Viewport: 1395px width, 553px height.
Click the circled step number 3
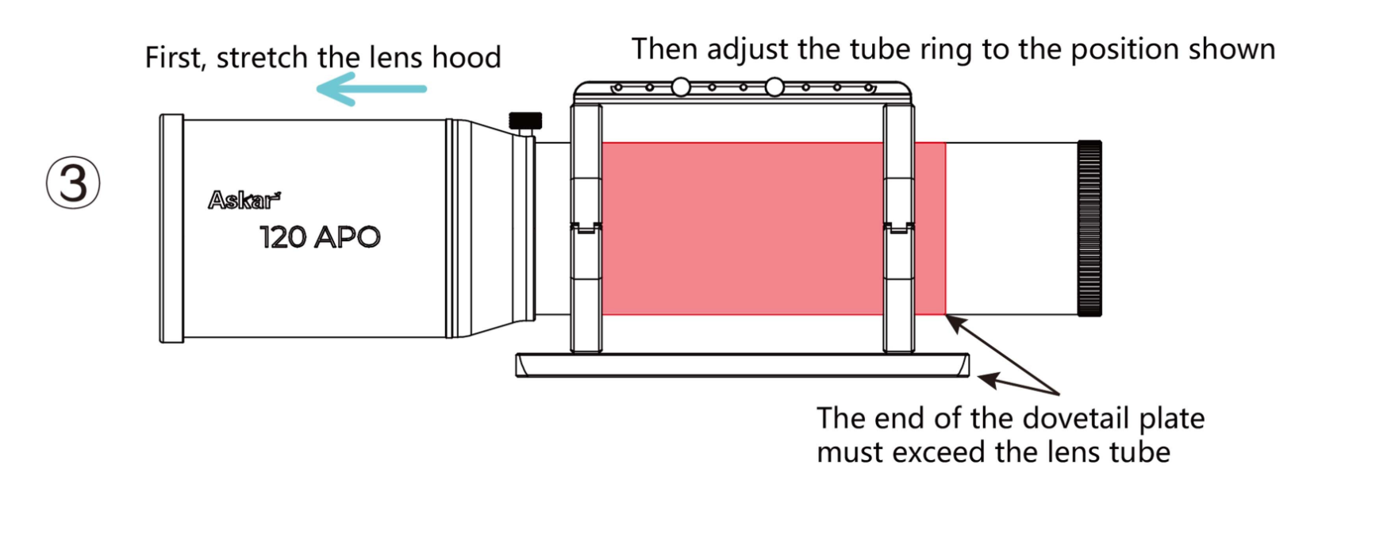[x=73, y=182]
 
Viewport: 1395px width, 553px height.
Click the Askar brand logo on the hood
[x=244, y=200]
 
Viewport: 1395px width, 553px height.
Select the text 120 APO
[x=320, y=236]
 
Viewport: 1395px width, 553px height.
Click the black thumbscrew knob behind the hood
[x=525, y=121]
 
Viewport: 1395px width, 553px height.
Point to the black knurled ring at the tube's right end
[x=1089, y=228]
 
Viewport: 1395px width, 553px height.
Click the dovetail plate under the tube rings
[x=741, y=366]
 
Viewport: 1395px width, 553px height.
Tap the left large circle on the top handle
[x=681, y=87]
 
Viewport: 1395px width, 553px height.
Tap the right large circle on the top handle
[x=774, y=87]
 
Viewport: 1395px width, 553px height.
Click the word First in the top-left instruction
[x=175, y=57]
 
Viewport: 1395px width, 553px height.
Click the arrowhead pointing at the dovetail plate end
[x=989, y=380]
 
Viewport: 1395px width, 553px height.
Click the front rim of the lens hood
[x=171, y=228]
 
